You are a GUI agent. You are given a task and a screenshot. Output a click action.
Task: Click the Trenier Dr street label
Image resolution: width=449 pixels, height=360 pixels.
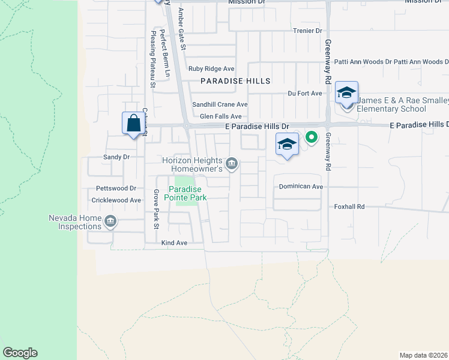[308, 31]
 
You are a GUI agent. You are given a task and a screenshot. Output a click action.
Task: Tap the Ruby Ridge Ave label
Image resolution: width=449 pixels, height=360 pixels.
[211, 69]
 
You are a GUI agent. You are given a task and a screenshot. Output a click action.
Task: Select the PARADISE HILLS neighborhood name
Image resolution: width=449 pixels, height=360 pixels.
[235, 80]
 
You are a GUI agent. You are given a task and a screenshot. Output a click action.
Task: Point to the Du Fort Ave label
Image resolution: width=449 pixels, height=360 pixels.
[305, 94]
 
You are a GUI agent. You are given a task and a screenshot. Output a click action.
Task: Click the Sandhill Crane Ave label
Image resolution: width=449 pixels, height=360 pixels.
[220, 104]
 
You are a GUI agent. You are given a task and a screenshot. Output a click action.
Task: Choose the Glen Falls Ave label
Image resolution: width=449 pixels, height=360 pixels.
[220, 116]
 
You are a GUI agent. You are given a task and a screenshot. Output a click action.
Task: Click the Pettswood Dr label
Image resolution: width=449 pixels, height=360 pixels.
[112, 188]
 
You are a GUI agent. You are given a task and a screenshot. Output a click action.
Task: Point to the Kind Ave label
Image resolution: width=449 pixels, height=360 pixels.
[175, 243]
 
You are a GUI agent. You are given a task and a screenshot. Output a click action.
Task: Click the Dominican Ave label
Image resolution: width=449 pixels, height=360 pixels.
[301, 187]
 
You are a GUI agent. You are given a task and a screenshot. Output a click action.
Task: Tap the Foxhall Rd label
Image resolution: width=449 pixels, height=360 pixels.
[349, 206]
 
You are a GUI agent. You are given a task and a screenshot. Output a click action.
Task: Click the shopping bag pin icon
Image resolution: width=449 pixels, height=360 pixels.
[134, 124]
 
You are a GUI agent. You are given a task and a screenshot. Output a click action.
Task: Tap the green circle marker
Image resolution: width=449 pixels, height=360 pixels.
[311, 138]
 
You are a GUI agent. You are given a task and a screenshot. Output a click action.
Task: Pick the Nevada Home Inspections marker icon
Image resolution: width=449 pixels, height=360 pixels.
[110, 222]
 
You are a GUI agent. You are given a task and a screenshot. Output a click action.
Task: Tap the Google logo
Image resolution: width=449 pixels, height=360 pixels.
[20, 353]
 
